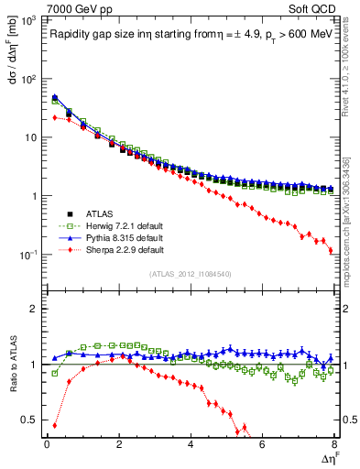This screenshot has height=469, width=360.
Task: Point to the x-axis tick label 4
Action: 191,444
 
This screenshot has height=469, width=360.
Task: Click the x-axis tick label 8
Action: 333,444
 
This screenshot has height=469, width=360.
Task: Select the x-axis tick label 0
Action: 47,444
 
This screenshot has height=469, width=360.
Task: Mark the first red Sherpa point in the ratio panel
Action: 55,425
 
